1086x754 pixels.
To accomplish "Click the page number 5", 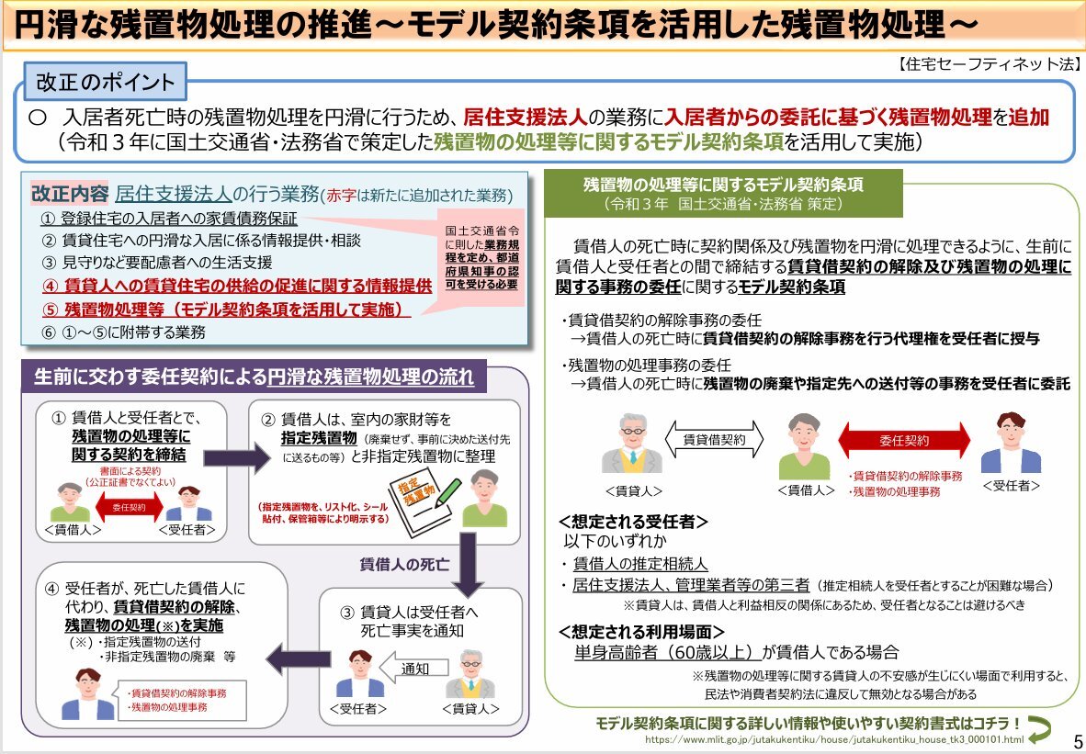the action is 1077,739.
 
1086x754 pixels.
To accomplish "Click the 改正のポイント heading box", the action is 106,82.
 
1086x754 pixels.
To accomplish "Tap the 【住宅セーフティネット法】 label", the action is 990,64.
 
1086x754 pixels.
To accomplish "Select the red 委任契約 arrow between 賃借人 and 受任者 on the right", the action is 904,440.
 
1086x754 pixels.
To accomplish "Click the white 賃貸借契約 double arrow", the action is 714,440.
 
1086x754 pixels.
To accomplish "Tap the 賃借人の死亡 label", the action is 404,564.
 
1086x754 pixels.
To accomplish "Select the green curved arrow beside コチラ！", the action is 1039,727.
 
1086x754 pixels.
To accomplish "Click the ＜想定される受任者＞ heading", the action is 633,522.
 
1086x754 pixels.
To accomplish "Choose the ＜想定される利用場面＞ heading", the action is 641,632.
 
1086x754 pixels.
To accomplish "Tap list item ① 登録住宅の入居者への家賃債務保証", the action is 169,219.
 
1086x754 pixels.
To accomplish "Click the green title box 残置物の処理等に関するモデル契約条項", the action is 723,193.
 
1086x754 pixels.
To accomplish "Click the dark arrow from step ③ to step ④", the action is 299,659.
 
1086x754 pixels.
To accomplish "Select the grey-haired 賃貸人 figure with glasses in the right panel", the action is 632,444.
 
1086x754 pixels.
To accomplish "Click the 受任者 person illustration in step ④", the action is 87,693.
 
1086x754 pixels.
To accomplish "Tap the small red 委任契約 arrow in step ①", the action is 129,508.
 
